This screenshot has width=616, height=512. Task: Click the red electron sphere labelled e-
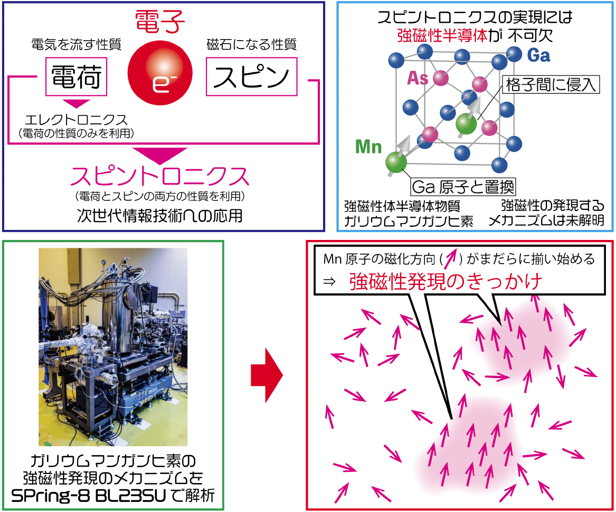[x=160, y=73]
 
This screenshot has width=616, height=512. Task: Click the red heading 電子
[x=160, y=22]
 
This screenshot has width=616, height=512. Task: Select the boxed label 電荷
[x=76, y=76]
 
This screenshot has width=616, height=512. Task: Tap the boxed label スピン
[x=251, y=76]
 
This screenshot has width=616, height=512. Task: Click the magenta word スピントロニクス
[x=160, y=176]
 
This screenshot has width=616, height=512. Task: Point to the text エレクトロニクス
[x=76, y=119]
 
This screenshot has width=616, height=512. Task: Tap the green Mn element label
[x=368, y=147]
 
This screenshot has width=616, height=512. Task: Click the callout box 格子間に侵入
[x=551, y=84]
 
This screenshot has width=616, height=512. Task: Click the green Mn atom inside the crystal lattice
[x=466, y=123]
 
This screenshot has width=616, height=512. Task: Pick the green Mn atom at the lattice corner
[x=395, y=162]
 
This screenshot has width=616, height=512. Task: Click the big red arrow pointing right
[x=267, y=375]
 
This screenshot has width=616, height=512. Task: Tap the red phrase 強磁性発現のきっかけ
[x=446, y=281]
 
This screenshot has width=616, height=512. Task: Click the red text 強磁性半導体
[x=442, y=36]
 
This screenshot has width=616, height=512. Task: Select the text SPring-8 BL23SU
[x=89, y=496]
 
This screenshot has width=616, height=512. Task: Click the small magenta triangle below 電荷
[x=77, y=103]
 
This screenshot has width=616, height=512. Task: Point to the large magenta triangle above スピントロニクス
[x=160, y=156]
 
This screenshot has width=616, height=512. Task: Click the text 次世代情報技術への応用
[x=160, y=215]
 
